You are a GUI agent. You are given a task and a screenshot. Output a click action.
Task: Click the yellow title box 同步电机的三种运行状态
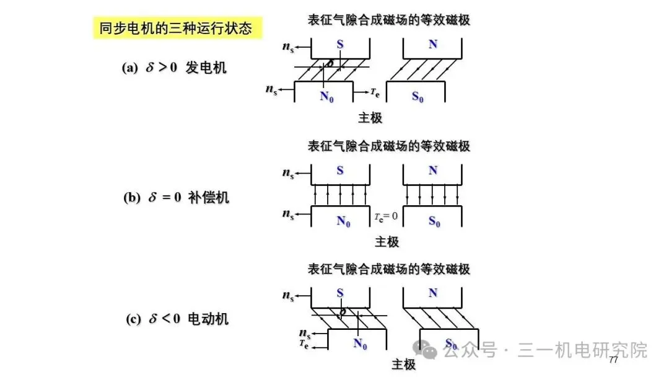tap(176, 28)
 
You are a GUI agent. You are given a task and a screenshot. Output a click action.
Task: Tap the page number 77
tap(614, 360)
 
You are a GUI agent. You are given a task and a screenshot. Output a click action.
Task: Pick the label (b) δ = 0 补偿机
tap(176, 198)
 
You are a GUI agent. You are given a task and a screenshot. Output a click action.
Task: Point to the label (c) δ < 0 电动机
tap(177, 319)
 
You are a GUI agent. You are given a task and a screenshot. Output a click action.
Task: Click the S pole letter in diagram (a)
tap(339, 44)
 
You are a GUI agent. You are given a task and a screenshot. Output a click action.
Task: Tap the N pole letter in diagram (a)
tap(432, 44)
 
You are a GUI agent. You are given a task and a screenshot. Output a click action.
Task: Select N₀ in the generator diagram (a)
tap(326, 96)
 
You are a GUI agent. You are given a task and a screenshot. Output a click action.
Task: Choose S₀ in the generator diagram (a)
tap(418, 96)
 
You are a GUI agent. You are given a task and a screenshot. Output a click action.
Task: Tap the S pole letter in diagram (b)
tap(339, 170)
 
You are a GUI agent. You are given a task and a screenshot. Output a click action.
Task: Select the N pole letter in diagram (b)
tap(432, 170)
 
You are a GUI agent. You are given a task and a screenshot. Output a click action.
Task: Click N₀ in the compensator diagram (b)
tap(344, 221)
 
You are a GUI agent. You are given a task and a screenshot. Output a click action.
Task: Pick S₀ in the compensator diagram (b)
tap(435, 221)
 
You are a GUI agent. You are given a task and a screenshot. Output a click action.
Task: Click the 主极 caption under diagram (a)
tap(370, 118)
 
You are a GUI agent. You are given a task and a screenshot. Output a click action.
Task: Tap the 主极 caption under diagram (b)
tap(387, 242)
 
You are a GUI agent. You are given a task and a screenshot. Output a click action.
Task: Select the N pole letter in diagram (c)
tap(432, 293)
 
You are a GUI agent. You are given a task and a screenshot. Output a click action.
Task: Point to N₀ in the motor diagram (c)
tap(361, 343)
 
